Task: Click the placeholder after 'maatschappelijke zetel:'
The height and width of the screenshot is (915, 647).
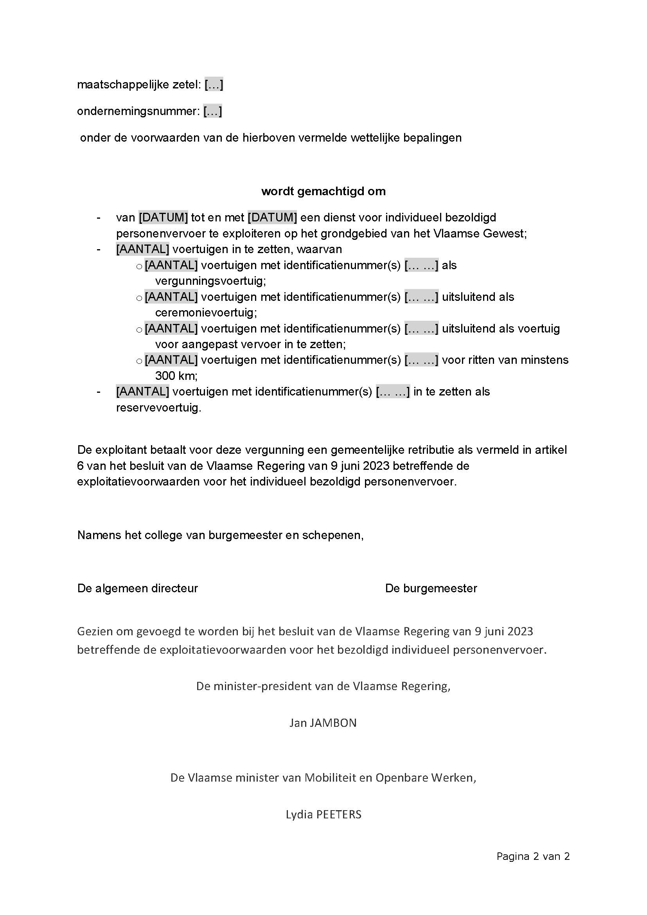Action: point(214,84)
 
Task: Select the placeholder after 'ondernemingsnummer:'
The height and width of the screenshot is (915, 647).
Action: point(212,111)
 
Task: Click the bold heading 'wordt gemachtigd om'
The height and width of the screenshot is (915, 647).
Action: point(323,191)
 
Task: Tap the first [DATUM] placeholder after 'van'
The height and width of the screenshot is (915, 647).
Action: point(164,218)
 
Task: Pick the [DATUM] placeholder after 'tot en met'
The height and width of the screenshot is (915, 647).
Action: point(272,218)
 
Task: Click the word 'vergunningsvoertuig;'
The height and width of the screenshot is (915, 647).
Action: point(210,281)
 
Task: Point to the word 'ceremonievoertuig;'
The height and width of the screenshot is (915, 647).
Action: point(206,313)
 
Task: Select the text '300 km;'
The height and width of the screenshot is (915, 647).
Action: point(176,376)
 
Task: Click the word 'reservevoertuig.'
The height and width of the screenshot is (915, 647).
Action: point(158,408)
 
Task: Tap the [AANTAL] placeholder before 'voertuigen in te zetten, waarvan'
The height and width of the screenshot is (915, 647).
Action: point(142,250)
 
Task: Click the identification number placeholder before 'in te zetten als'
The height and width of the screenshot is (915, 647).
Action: point(392,392)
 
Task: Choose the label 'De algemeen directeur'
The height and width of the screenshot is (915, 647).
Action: point(137,588)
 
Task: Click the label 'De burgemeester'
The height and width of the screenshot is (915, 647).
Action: point(431,588)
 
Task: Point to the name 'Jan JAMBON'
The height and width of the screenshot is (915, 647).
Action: point(323,723)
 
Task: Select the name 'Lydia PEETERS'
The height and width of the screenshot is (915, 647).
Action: point(323,814)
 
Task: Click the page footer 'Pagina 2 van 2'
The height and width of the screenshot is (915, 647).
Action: point(533,856)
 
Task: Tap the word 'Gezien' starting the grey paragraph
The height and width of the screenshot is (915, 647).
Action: point(93,632)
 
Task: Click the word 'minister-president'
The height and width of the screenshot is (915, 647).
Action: point(262,686)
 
